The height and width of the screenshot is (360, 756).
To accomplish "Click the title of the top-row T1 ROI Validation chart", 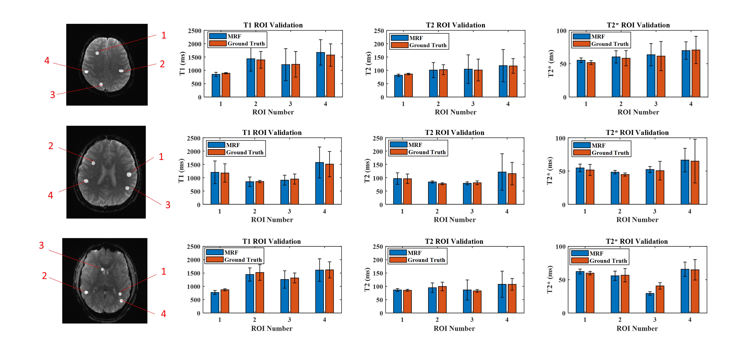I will tap(273, 25).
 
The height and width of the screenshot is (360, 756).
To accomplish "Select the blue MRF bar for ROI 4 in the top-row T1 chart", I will tap(321, 75).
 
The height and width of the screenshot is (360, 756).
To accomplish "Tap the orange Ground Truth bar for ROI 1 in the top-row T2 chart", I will tap(408, 85).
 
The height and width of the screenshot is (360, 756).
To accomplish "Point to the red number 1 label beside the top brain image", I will tap(164, 36).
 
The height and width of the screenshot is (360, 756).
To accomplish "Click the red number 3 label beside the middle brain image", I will tap(168, 205).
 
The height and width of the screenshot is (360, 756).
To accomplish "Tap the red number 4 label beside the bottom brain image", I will tap(163, 314).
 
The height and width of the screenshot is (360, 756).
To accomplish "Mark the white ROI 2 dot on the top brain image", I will tap(121, 71).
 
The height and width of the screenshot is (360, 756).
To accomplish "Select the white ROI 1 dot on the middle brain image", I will tap(129, 175).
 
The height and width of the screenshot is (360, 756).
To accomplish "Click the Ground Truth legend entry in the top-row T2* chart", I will tap(610, 44).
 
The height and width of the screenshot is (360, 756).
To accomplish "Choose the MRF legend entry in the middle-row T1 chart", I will tap(233, 145).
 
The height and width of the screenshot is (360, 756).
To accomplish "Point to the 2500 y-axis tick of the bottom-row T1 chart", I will tap(193, 247).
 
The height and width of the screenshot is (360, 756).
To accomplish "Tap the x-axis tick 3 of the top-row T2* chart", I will tap(656, 104).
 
